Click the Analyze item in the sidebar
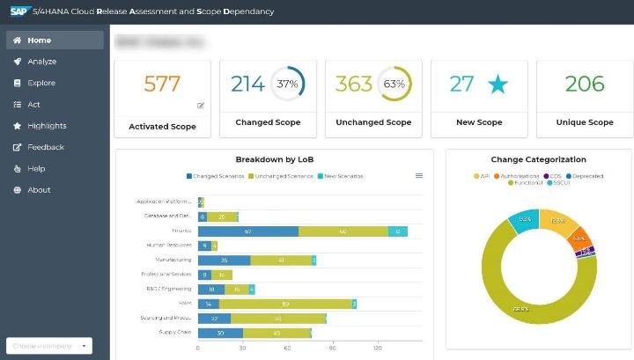pyautogui.click(x=41, y=62)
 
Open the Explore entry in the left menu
pyautogui.click(x=41, y=83)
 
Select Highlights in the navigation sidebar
pyautogui.click(x=46, y=126)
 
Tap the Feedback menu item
pyautogui.click(x=45, y=147)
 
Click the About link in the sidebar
pyautogui.click(x=39, y=190)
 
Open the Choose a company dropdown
pyautogui.click(x=48, y=346)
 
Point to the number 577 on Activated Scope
pyautogui.click(x=162, y=84)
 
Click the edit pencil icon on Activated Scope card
pyautogui.click(x=201, y=106)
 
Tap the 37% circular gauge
pyautogui.click(x=287, y=84)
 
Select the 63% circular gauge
pyautogui.click(x=393, y=84)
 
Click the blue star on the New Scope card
pyautogui.click(x=498, y=84)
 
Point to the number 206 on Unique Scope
pyautogui.click(x=585, y=84)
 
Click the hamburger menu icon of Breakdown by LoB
pyautogui.click(x=419, y=176)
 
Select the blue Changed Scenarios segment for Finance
pyautogui.click(x=248, y=231)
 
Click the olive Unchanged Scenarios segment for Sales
pyautogui.click(x=285, y=304)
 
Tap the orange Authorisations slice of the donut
pyautogui.click(x=579, y=239)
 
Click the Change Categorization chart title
pyautogui.click(x=538, y=159)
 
